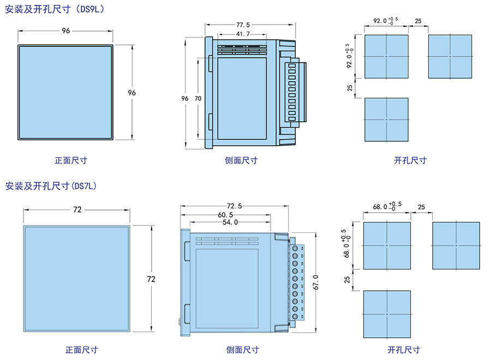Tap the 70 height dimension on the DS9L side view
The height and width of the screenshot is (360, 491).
tap(197, 99)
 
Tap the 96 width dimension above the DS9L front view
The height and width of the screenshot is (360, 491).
tap(66, 31)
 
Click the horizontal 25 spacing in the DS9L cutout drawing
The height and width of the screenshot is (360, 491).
tap(418, 21)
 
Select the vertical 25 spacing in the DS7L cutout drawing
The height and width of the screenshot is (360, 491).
tap(348, 279)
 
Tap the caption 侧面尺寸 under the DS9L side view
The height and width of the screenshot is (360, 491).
tap(241, 160)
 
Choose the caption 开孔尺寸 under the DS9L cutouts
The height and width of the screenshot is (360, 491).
tap(410, 160)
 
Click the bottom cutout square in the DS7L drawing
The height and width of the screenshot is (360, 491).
tap(387, 314)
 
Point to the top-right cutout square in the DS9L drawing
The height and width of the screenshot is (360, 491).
tap(450, 56)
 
